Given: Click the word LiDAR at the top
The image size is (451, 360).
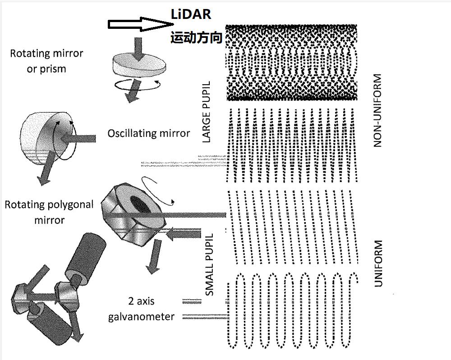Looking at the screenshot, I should coord(191,14).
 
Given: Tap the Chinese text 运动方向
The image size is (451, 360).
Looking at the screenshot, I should coord(196,38).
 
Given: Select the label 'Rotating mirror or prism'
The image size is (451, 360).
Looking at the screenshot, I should coord(46,61).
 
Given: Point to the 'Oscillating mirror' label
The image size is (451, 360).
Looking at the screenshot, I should coord(149,133).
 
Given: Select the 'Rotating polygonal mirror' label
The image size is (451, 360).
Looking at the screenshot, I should coord(49,212).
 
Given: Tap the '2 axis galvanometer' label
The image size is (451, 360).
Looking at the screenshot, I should coord(141,309).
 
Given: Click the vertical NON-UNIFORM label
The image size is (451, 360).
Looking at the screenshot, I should coord(378,110).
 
